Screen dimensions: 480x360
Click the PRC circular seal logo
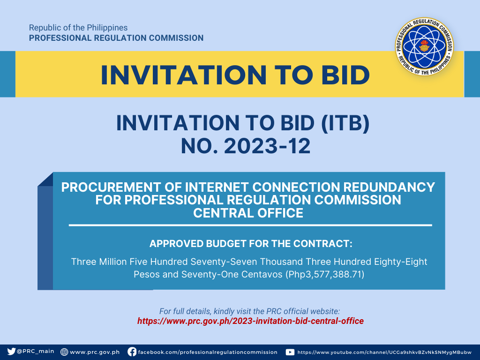[424, 46]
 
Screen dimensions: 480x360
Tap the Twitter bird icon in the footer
[11, 352]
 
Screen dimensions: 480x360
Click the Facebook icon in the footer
[132, 352]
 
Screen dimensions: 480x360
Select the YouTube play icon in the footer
[290, 352]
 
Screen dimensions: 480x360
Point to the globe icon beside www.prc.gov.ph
[64, 352]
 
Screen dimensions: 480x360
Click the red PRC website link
[250, 321]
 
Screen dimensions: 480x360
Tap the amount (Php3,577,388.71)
[325, 274]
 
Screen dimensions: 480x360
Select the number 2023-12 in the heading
[267, 146]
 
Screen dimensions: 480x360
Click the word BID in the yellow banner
[345, 75]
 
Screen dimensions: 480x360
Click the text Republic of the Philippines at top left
[78, 28]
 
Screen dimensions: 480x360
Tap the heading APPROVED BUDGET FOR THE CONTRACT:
[251, 244]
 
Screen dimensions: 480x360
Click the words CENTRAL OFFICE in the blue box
[248, 213]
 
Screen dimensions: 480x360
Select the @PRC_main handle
[35, 351]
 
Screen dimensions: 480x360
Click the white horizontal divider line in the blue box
[250, 225]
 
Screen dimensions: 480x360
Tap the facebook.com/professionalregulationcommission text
[208, 352]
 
